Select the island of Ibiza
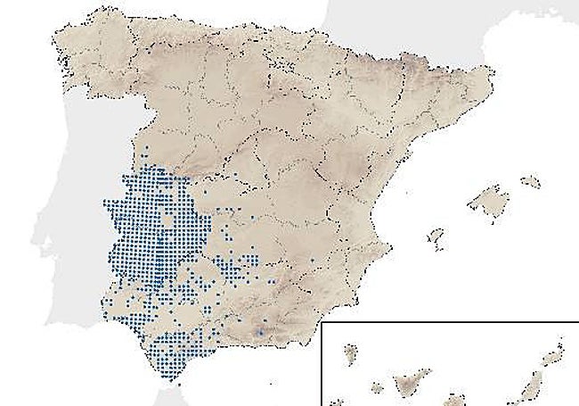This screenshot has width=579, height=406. click(x=436, y=236)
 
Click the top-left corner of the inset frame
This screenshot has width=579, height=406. click(x=322, y=324)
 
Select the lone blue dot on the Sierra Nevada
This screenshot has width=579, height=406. click(x=259, y=332)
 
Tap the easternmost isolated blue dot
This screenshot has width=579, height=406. click(x=313, y=260)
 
